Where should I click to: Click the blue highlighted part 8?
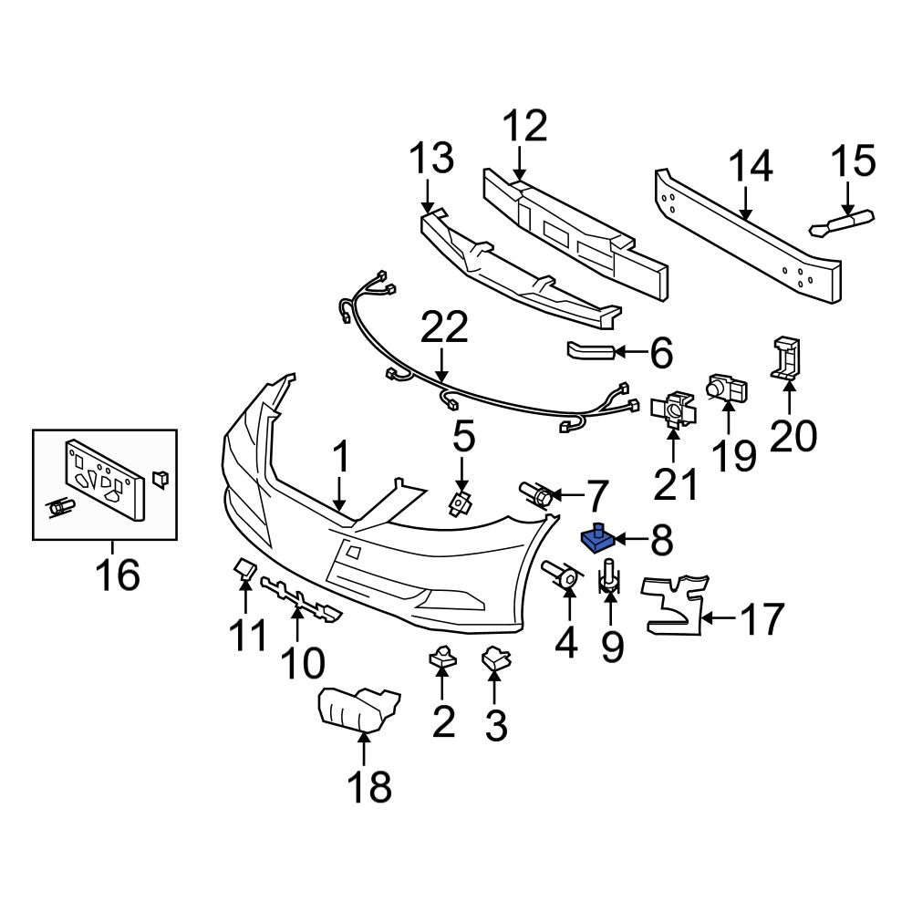[x=598, y=540]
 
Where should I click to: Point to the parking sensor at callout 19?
[x=728, y=389]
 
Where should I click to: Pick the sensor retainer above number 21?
[x=674, y=411]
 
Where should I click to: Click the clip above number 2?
[x=440, y=655]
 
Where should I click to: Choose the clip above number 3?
[x=494, y=658]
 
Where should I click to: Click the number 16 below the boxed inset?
[x=118, y=575]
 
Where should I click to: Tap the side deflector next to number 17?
[x=675, y=605]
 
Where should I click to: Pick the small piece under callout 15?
[x=842, y=223]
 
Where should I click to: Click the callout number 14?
[x=751, y=168]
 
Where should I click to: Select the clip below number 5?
[x=461, y=501]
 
